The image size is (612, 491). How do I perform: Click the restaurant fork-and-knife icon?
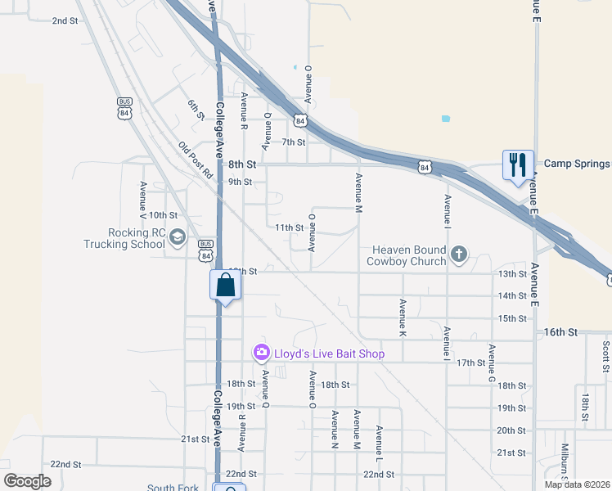click(x=518, y=164)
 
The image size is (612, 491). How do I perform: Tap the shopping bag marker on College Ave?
click(x=225, y=286)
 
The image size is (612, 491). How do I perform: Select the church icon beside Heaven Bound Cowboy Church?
click(x=459, y=255)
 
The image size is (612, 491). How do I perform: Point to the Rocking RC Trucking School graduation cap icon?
click(x=178, y=238)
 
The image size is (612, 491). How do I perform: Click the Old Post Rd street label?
click(x=196, y=161)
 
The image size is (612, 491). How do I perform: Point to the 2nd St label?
click(x=64, y=20)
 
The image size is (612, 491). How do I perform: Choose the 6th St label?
click(x=195, y=110)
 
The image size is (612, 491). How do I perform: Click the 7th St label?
click(x=293, y=142)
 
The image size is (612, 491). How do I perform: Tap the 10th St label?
click(x=163, y=214)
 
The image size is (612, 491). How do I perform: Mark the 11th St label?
click(x=289, y=227)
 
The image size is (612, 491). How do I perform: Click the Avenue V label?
click(x=143, y=201)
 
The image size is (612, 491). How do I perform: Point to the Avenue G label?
click(x=491, y=363)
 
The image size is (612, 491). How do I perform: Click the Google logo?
click(x=28, y=480)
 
